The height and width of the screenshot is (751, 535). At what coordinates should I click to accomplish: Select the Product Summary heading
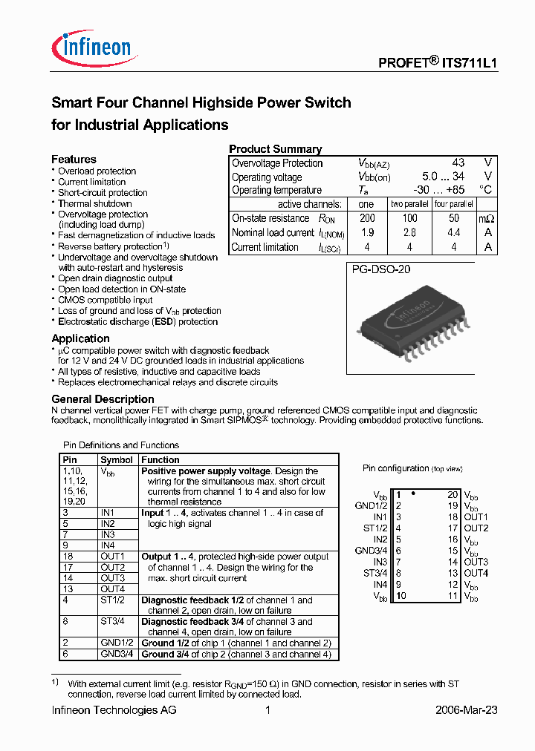[275, 149]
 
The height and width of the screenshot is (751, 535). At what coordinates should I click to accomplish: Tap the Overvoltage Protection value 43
[458, 163]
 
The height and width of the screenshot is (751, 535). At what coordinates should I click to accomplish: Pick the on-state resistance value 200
[366, 218]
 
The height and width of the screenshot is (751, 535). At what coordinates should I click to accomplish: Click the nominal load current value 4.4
[453, 233]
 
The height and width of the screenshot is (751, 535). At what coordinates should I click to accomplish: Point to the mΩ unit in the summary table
[486, 219]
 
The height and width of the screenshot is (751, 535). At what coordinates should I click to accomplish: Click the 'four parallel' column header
[453, 204]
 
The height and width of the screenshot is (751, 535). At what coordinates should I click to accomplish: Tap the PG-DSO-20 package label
[380, 270]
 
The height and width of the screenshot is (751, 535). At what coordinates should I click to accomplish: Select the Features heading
[74, 160]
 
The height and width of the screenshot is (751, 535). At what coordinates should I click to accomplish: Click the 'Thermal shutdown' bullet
[94, 203]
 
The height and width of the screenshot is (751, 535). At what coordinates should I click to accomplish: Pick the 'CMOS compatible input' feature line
[106, 300]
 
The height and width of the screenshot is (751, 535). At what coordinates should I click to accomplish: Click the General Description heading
[103, 399]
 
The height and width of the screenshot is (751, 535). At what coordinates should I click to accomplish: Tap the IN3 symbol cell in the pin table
[108, 534]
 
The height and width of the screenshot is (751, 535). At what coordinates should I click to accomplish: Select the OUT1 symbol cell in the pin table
[112, 556]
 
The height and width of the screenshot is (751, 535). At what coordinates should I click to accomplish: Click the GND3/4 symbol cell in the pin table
[117, 654]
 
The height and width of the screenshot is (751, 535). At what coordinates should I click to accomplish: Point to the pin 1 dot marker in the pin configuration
[412, 493]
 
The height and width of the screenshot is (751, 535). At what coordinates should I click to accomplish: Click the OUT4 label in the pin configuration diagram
[476, 573]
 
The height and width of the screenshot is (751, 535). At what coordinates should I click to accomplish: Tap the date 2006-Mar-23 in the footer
[466, 710]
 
